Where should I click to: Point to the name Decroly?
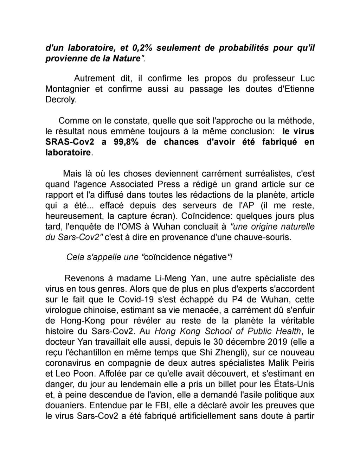[x=60, y=100]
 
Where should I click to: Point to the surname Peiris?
[x=302, y=363]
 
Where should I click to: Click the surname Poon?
[x=81, y=374]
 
